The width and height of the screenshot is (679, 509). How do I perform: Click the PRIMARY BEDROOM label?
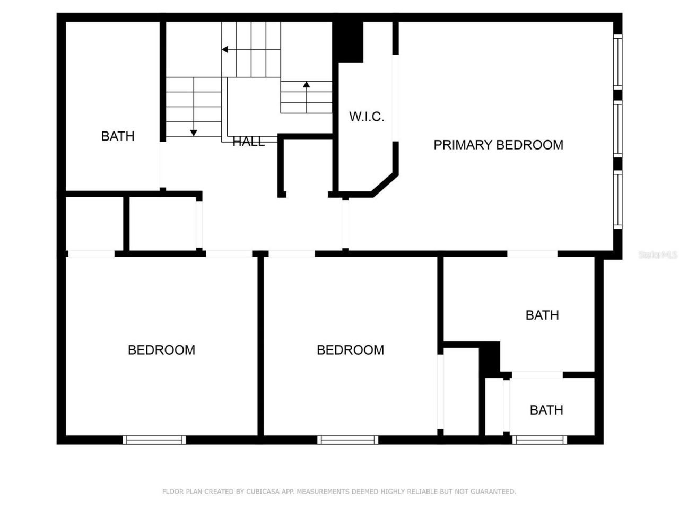click(498, 145)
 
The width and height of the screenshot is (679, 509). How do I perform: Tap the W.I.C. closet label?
click(367, 117)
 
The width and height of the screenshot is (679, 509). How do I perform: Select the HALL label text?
click(249, 142)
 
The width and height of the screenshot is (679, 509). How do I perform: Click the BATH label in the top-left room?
click(118, 136)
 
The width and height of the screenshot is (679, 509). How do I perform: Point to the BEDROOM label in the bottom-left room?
click(161, 350)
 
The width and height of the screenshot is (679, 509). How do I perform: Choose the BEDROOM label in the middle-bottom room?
click(350, 350)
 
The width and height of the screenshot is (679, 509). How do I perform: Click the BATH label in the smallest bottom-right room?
click(546, 410)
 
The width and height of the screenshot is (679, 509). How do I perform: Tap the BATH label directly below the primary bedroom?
click(542, 315)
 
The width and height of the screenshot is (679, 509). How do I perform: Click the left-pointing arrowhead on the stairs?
click(225, 50)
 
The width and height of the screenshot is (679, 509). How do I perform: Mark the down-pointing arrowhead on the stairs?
click(194, 132)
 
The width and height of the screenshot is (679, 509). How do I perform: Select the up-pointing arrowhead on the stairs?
click(307, 84)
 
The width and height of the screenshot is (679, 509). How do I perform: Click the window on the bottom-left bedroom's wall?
click(154, 440)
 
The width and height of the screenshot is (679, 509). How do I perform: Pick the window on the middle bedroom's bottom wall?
click(348, 440)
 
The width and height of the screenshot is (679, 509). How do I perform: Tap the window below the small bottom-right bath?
click(539, 440)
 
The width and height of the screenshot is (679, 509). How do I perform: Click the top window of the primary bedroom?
click(617, 61)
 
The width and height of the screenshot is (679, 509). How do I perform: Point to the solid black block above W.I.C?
click(348, 41)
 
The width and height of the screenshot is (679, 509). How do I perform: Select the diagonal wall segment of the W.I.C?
click(385, 184)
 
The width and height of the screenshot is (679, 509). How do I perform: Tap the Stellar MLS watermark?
click(658, 255)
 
